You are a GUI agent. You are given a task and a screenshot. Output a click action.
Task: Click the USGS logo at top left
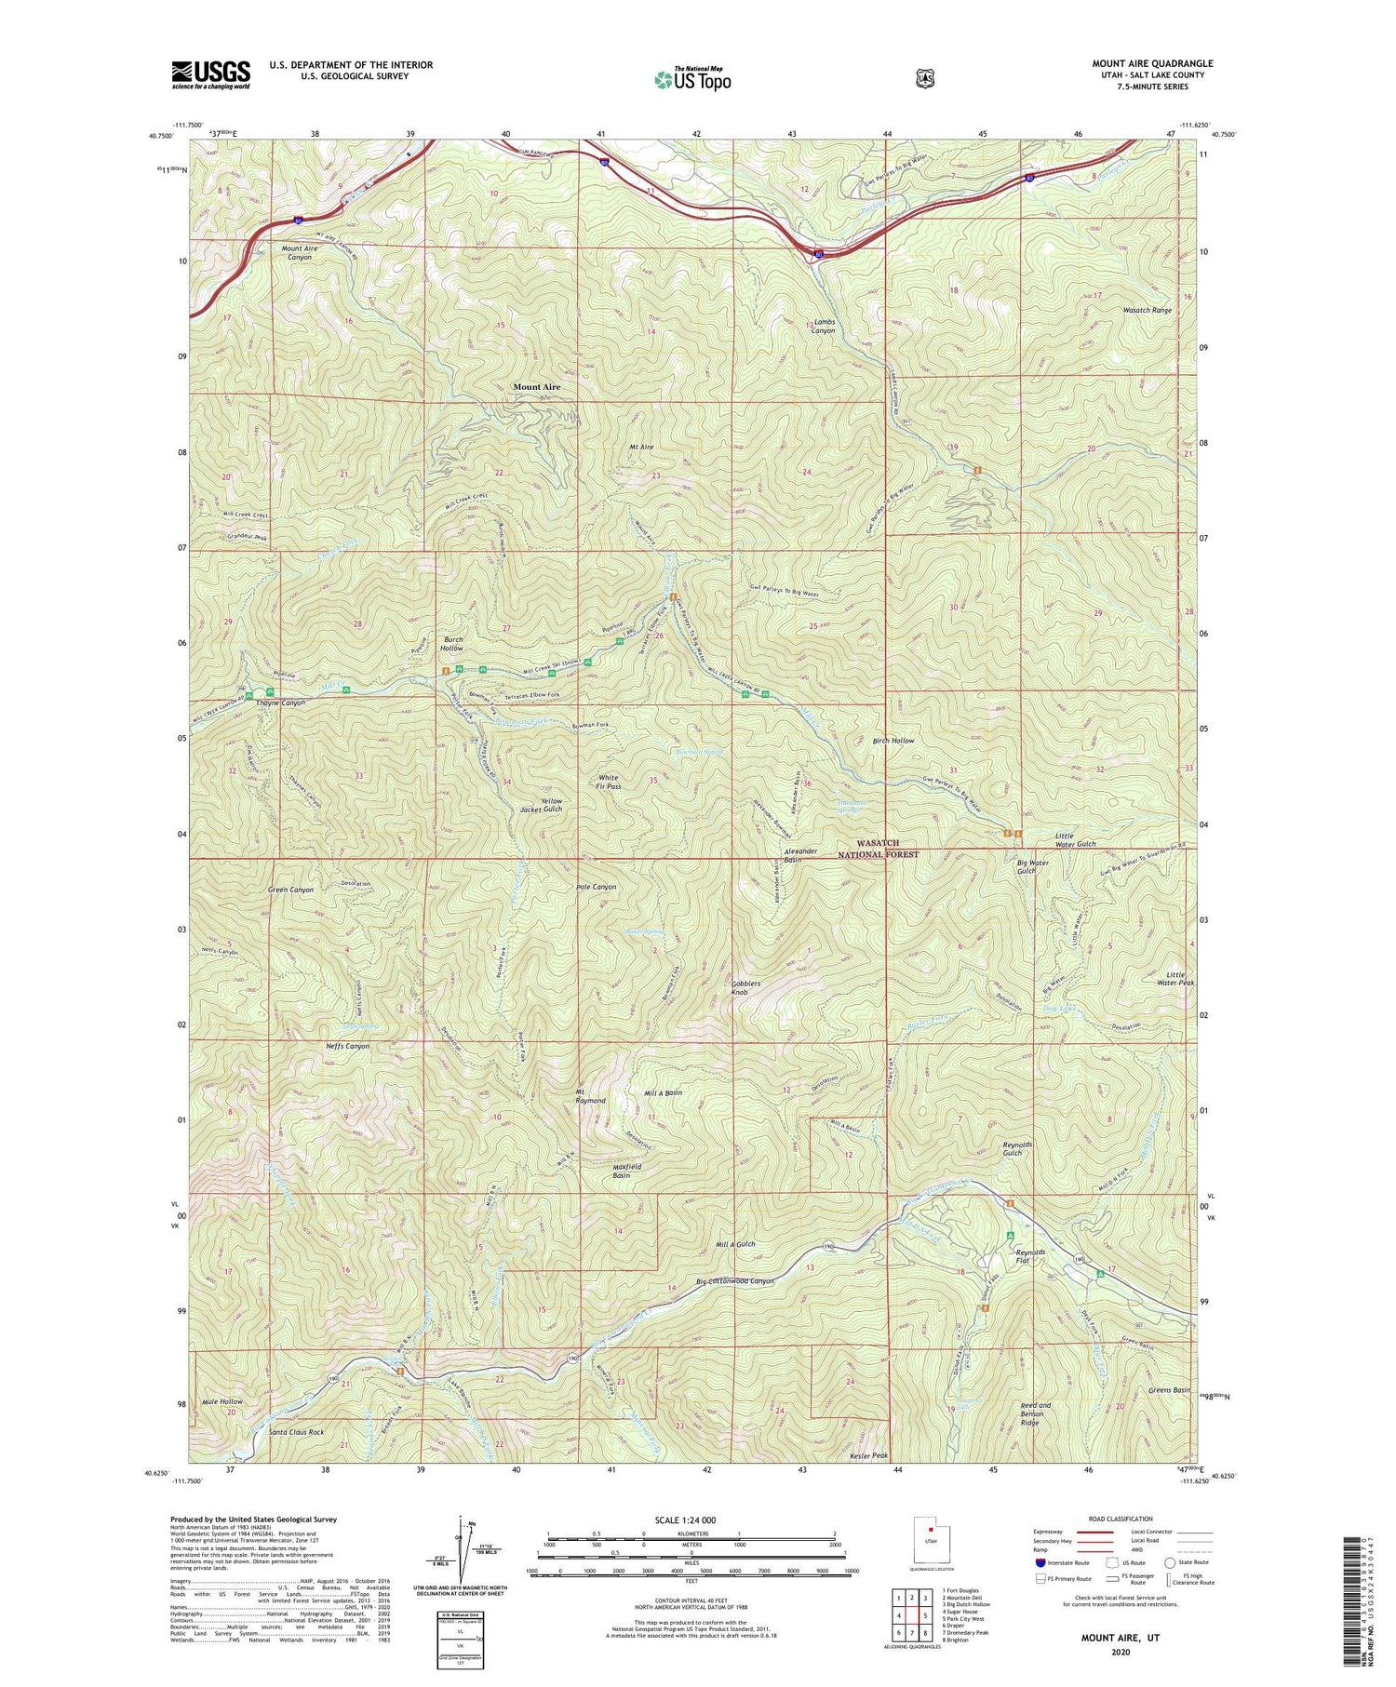tap(210, 74)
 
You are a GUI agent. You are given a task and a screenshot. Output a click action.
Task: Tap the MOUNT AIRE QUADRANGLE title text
tap(1152, 63)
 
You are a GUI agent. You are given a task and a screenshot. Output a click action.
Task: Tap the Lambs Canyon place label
tap(823, 326)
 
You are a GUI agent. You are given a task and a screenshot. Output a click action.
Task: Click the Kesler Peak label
tap(870, 1455)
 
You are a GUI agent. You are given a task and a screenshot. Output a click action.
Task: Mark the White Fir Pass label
tap(609, 782)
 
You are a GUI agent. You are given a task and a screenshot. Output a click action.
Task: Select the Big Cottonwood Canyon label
tap(735, 1281)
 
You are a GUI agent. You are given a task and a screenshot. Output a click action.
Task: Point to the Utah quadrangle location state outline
tap(926, 1551)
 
